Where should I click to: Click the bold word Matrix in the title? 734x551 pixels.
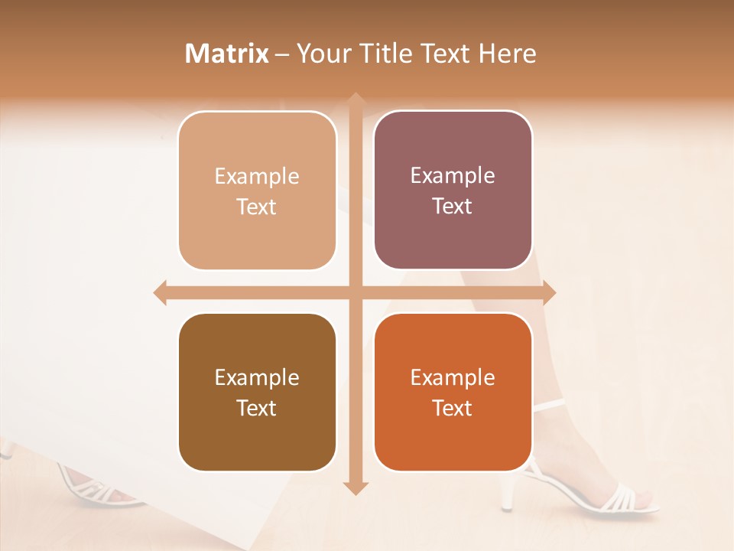(x=227, y=54)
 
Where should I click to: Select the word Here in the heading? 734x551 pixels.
(x=507, y=54)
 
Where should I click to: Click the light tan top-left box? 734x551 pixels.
(x=257, y=191)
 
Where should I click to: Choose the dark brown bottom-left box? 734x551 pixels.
(x=257, y=392)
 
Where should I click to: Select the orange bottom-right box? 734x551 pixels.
(x=453, y=392)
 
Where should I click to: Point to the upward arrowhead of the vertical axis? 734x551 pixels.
(x=356, y=100)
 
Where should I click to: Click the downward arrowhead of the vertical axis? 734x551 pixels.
(x=356, y=487)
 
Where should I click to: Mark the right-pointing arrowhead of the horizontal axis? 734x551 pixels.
(x=549, y=292)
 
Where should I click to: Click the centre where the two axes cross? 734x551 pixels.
(x=356, y=292)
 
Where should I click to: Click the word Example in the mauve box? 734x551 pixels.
(x=453, y=175)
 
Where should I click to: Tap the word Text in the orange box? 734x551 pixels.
(x=453, y=408)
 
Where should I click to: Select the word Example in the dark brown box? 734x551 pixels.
(x=257, y=377)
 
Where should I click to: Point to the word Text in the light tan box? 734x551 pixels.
(x=257, y=207)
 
